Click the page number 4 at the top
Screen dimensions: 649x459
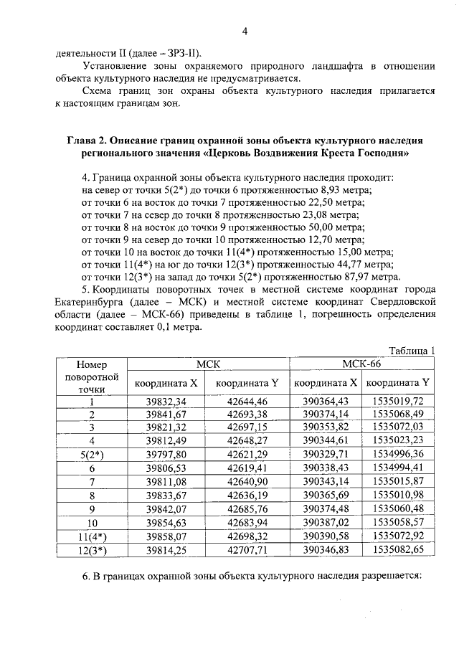click(x=244, y=31)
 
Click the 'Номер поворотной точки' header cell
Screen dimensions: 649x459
click(x=92, y=376)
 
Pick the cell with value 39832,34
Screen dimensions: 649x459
click(x=166, y=401)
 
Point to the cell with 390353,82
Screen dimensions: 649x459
click(x=326, y=427)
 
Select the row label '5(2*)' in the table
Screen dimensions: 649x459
click(x=92, y=454)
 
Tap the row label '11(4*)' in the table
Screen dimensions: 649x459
click(x=92, y=535)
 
